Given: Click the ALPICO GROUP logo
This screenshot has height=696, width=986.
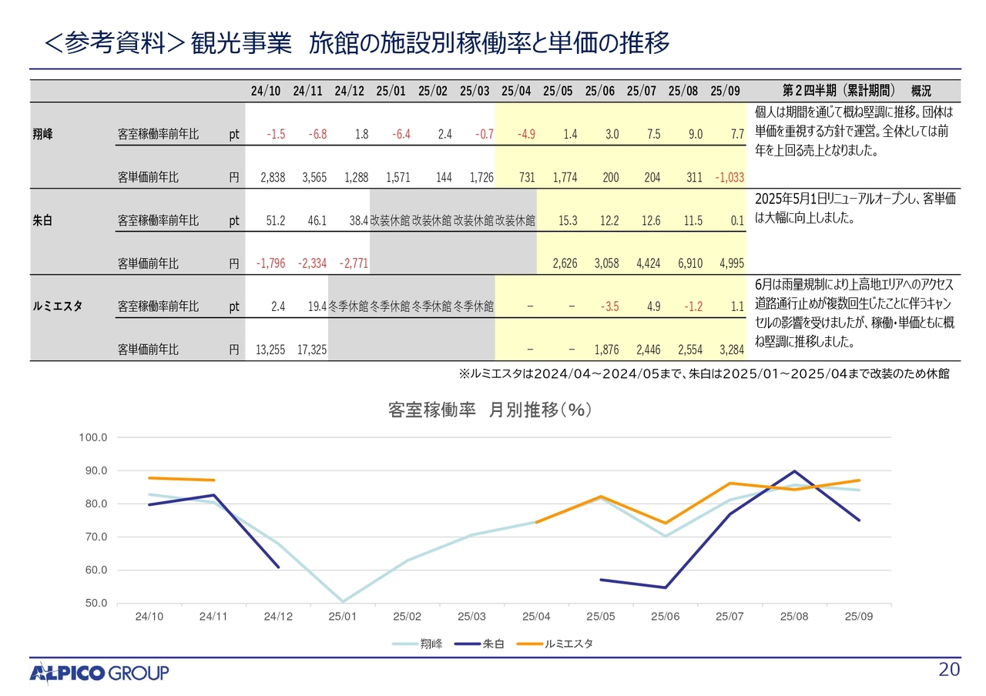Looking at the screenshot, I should (99, 673).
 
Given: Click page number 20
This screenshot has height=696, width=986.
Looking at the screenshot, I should (949, 670).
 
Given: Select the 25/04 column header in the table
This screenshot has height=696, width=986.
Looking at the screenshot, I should (516, 91).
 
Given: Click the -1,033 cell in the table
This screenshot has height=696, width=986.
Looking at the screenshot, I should (728, 177).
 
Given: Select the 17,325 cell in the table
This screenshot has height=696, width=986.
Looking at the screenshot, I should (312, 350).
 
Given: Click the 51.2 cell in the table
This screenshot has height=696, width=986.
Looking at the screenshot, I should (276, 220).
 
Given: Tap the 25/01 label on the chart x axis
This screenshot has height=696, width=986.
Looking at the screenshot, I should (342, 617).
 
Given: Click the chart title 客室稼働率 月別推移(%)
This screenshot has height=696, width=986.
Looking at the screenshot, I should (490, 410).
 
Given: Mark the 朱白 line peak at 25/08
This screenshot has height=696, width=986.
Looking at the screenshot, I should (794, 471).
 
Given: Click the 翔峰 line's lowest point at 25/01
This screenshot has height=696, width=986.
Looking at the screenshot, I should (342, 602).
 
